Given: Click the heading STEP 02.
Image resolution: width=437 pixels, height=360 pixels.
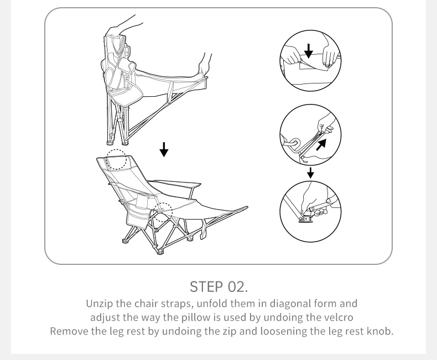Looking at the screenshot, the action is tap(218, 286).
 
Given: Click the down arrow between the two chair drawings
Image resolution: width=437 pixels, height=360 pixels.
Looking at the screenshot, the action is tap(164, 150).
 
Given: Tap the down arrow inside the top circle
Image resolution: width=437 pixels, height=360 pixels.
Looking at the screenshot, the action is tap(308, 51).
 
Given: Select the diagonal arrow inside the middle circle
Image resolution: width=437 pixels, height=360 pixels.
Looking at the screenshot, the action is tap(321, 145).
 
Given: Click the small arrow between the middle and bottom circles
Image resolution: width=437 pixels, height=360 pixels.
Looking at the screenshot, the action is tap(310, 173).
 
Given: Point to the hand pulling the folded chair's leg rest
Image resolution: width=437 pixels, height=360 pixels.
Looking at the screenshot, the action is tap(205, 66).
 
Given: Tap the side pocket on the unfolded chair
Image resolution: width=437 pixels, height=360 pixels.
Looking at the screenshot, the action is tap(137, 214).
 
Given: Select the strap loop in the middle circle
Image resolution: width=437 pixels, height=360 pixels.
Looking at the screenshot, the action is tap(290, 142).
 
